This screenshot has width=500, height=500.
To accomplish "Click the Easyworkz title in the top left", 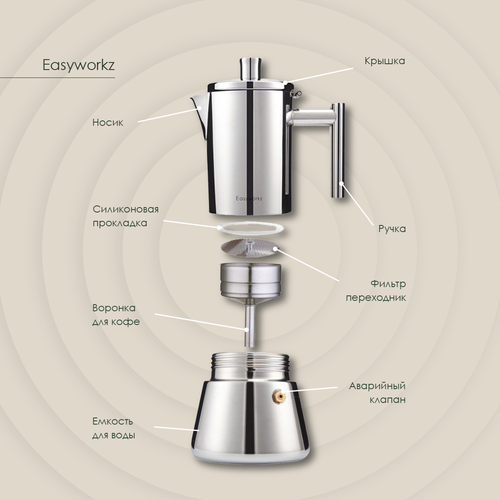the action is click(x=78, y=65).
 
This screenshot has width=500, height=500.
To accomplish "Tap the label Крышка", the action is click(x=385, y=61).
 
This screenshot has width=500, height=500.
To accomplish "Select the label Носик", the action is click(x=107, y=122).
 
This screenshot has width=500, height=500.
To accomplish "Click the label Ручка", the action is click(x=392, y=229).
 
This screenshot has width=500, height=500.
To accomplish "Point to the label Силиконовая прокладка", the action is click(x=125, y=216).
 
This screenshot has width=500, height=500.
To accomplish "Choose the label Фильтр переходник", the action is click(x=376, y=290).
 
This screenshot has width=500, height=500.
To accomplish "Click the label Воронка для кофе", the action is click(x=116, y=315).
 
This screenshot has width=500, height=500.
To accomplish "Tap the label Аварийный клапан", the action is click(x=377, y=393).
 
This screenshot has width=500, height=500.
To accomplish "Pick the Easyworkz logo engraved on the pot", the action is click(x=249, y=198).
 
